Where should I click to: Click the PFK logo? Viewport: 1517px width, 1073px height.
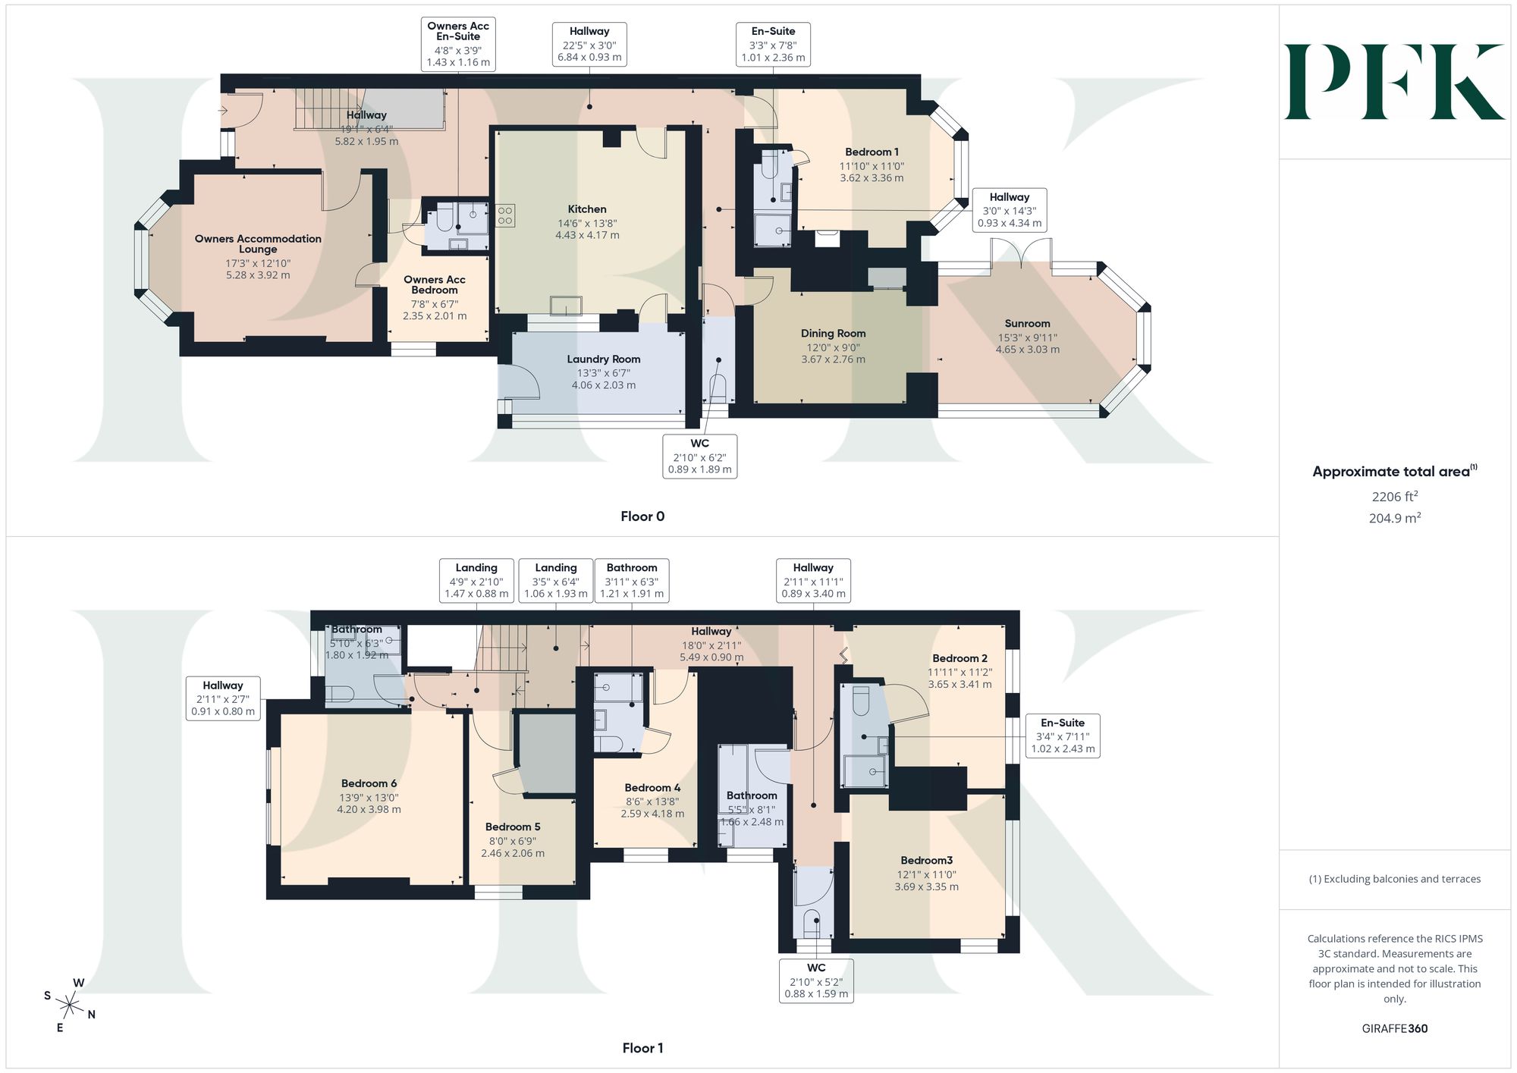(x=1394, y=82)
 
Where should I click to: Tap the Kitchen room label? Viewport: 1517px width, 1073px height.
(x=587, y=209)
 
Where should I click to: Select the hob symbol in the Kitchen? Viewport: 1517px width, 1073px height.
(x=505, y=215)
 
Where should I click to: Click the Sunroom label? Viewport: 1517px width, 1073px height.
(x=1027, y=324)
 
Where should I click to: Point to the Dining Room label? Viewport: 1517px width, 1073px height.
(x=833, y=334)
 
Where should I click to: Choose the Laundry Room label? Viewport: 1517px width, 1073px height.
(x=604, y=359)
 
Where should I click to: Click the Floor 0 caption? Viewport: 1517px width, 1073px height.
(x=642, y=516)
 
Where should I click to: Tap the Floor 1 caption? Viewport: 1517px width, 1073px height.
(x=642, y=1048)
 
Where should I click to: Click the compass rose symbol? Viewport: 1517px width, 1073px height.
(x=70, y=1006)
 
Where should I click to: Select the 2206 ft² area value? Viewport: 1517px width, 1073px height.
(x=1395, y=497)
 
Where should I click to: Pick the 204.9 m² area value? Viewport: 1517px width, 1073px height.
(x=1395, y=519)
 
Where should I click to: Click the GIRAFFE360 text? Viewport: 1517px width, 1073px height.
(x=1394, y=1029)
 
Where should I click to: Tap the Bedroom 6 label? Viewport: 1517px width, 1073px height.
(x=369, y=784)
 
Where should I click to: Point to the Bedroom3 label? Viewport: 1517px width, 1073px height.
(x=926, y=861)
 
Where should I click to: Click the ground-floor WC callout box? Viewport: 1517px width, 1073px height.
(x=699, y=456)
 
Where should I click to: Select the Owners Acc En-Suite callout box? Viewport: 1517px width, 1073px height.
(x=458, y=44)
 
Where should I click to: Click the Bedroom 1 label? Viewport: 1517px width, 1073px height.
(x=872, y=152)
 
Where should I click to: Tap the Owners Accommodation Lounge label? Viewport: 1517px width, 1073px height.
(x=258, y=244)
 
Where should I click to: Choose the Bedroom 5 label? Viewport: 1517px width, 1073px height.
(x=513, y=827)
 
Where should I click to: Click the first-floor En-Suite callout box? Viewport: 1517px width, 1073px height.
(x=1062, y=736)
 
